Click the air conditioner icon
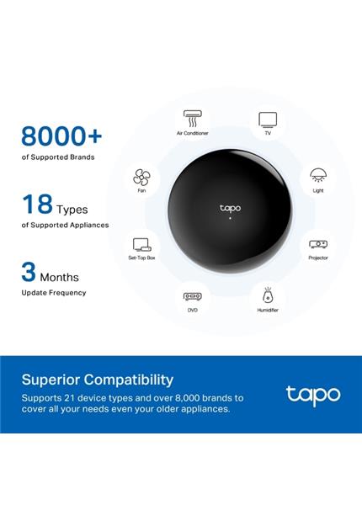pos(192,118)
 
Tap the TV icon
pos(267,119)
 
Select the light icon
pos(317,176)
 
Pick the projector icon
pos(317,243)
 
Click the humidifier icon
pos(268,295)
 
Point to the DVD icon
pos(192,296)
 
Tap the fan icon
pos(141,177)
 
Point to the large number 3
pos(29,272)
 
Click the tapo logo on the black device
pos(230,207)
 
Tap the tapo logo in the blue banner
pos(313,394)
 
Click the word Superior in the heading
pos(52,380)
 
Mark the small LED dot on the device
pos(230,219)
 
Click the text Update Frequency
pos(54,293)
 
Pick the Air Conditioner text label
pos(192,133)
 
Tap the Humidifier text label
pos(268,311)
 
